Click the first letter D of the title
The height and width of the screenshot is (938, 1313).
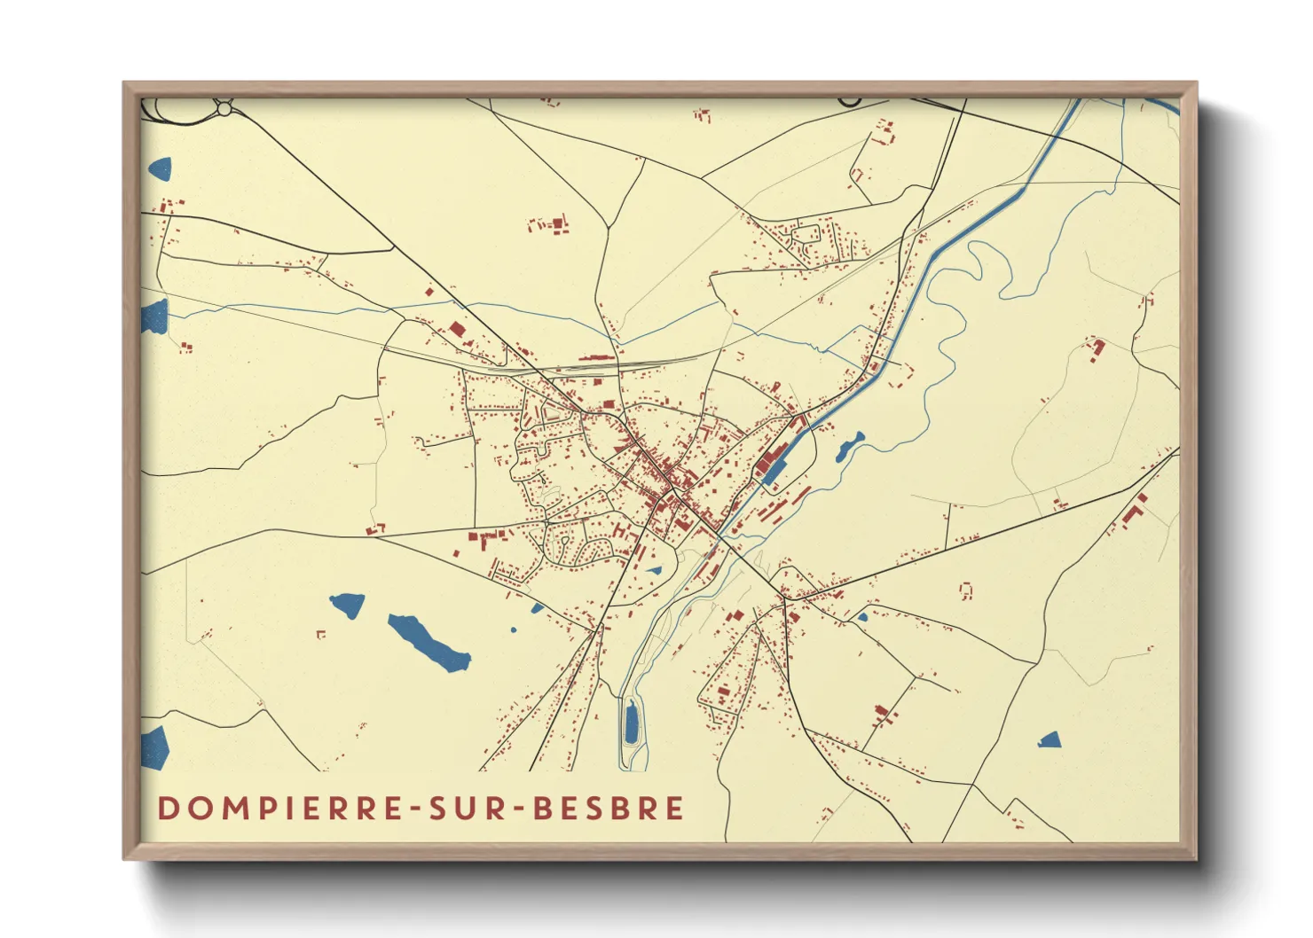click(166, 809)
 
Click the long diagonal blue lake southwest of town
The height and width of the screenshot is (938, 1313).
click(428, 642)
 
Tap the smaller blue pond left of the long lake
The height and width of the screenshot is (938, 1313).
click(347, 606)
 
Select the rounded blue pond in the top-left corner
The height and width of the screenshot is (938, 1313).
click(160, 168)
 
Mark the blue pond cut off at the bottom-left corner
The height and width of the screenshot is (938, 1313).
click(154, 747)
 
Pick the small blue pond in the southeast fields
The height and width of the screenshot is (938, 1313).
click(1050, 739)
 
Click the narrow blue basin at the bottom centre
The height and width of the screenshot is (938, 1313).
click(631, 722)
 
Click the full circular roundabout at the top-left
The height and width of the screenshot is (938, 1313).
click(224, 108)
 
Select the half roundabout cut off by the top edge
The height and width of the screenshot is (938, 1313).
click(849, 102)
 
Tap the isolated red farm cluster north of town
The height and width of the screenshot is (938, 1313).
click(550, 224)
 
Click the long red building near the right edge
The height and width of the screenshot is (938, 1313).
click(1131, 512)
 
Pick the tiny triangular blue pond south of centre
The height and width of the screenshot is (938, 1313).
click(655, 570)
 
